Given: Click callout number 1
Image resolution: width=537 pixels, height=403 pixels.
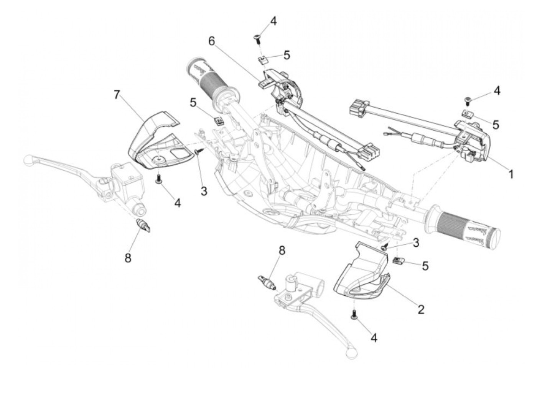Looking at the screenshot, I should [511, 174].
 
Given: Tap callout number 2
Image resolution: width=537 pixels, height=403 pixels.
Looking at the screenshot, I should [421, 309].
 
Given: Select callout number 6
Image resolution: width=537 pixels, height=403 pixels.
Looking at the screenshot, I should [212, 41].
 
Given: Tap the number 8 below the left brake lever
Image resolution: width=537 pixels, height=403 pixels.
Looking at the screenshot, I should [128, 258].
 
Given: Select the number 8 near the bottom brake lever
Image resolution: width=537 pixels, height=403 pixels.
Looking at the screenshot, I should [282, 251].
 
